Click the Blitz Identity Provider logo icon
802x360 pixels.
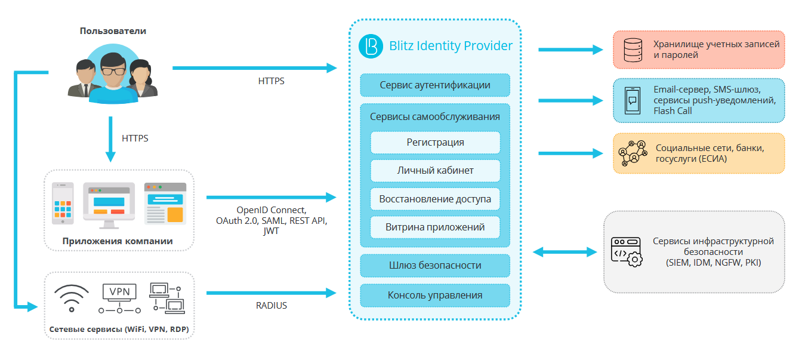[371, 46]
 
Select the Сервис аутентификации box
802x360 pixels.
[435, 85]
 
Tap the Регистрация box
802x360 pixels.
[435, 142]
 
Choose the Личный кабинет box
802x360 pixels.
[435, 170]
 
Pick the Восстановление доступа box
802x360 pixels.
[435, 199]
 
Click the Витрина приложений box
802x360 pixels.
[435, 227]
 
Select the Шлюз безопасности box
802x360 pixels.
[435, 265]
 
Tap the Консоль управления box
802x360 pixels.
[435, 295]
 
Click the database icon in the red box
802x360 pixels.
[632, 50]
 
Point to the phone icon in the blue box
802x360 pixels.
[633, 100]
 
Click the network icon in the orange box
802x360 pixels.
[633, 153]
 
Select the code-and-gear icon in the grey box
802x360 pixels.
[626, 252]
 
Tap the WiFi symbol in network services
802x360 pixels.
[72, 297]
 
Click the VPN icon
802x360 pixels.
[119, 299]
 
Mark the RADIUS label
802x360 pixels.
[272, 306]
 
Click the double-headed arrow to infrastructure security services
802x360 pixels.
[565, 252]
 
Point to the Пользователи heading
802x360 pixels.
[113, 31]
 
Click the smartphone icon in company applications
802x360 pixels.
[63, 204]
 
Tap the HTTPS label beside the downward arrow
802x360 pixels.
[135, 138]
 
